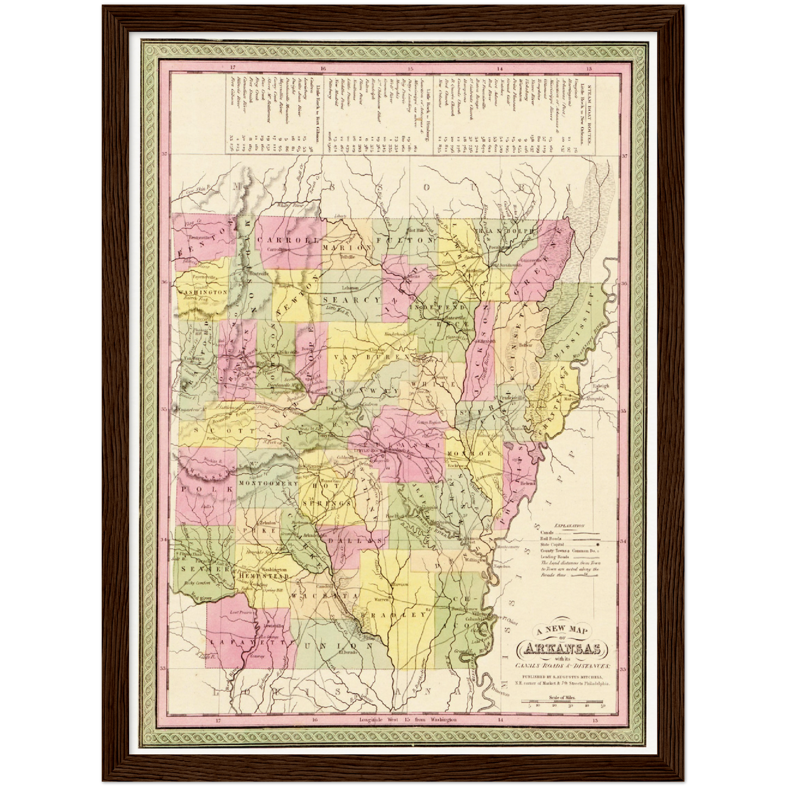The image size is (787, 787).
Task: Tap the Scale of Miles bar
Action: (x=564, y=703)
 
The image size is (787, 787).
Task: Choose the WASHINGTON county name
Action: (x=202, y=292)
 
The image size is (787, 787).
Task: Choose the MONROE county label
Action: (x=470, y=453)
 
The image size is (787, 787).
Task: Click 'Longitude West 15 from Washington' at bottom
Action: (x=408, y=719)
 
